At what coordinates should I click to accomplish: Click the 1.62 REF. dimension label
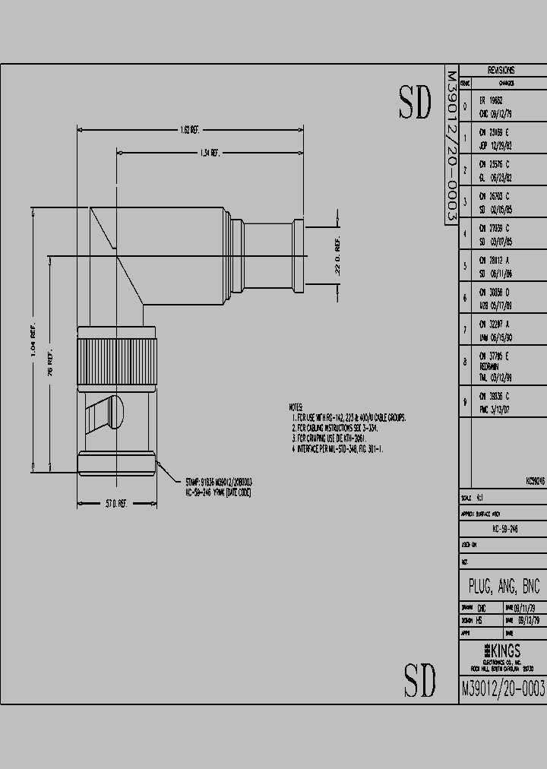pyautogui.click(x=189, y=130)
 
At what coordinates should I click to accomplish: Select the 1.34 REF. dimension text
pyautogui.click(x=210, y=153)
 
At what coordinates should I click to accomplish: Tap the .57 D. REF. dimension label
pyautogui.click(x=115, y=504)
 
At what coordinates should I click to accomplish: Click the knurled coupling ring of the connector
pyautogui.click(x=116, y=354)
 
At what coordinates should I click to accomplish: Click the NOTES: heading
pyautogui.click(x=296, y=408)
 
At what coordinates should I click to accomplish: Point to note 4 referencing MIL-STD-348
pyautogui.click(x=339, y=449)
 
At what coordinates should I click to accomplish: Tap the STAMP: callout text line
pyautogui.click(x=219, y=482)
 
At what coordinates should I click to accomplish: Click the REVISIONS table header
pyautogui.click(x=501, y=70)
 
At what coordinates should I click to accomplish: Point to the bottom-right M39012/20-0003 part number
pyautogui.click(x=503, y=688)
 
